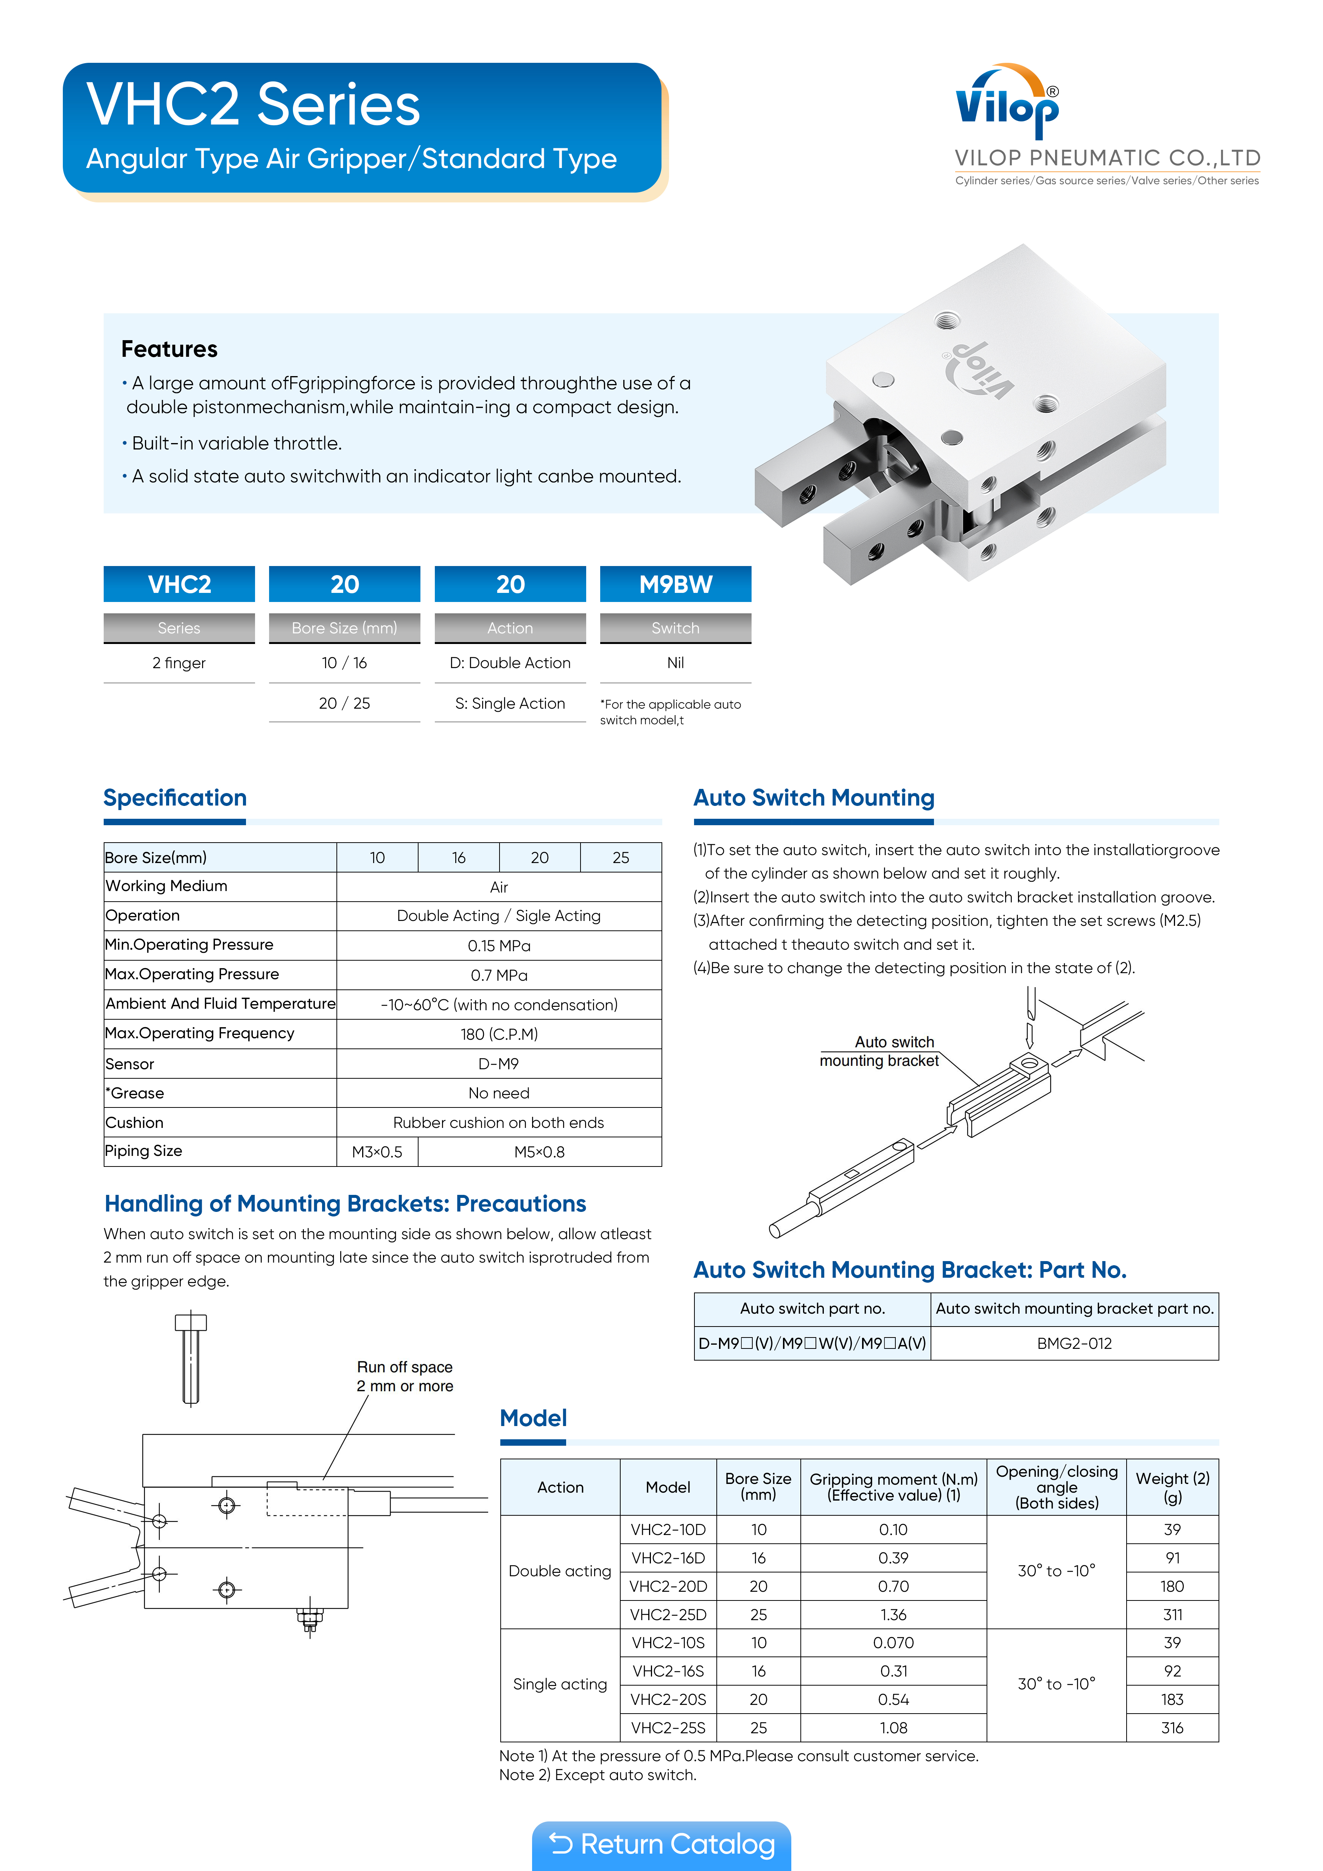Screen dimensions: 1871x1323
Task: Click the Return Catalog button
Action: [661, 1844]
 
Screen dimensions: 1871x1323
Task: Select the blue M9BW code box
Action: [675, 584]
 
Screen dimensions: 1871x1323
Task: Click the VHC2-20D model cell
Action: [668, 1586]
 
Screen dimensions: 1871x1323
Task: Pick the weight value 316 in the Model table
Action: [1171, 1728]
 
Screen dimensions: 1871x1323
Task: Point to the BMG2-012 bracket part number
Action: [1074, 1343]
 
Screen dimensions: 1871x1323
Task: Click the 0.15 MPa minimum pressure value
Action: [499, 945]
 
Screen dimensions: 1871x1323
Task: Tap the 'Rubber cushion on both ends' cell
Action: [499, 1122]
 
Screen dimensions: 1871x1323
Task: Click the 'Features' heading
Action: [170, 349]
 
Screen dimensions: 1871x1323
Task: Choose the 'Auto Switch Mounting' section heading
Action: [814, 798]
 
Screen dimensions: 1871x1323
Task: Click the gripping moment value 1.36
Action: [893, 1614]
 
